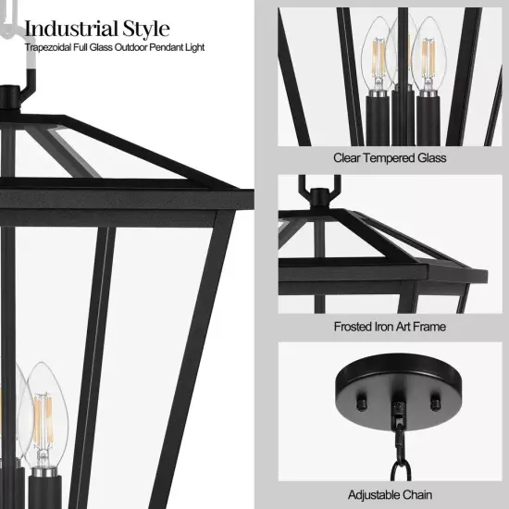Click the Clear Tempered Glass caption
(390, 157)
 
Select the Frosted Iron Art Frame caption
(390, 327)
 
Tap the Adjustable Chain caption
(390, 495)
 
